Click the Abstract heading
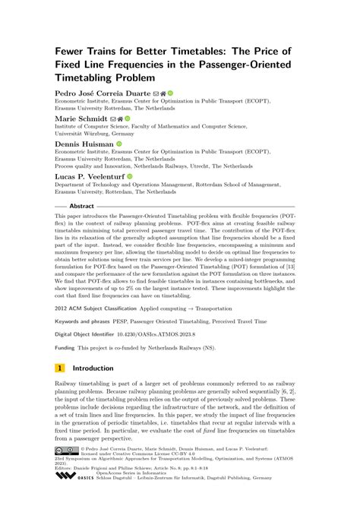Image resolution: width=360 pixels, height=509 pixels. coord(81,206)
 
